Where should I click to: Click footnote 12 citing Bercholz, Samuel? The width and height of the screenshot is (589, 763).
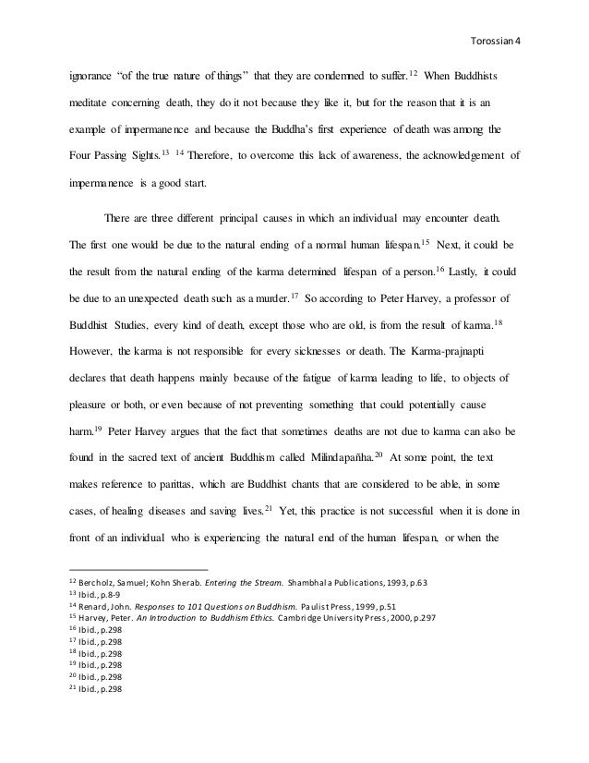click(249, 583)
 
